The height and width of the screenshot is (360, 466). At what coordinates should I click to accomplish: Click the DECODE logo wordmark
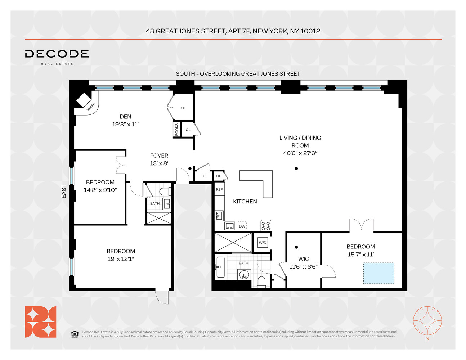click(57, 54)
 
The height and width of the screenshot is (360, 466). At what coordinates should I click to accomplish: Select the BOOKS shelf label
click(176, 130)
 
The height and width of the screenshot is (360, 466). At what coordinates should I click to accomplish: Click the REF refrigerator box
click(219, 189)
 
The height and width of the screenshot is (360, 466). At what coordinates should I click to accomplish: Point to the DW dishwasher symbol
click(242, 226)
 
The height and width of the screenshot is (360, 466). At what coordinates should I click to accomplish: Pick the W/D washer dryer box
click(263, 243)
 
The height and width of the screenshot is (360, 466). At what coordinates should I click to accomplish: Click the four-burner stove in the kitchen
click(266, 226)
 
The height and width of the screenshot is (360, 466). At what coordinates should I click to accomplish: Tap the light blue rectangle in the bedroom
click(378, 273)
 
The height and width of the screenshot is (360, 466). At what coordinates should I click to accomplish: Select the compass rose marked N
click(427, 321)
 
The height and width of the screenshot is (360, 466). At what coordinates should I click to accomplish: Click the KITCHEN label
click(245, 202)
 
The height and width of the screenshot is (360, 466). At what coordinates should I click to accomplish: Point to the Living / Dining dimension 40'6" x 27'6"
click(300, 153)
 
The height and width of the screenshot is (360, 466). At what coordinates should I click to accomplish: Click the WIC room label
click(303, 259)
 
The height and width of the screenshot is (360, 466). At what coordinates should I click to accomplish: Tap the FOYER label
click(159, 156)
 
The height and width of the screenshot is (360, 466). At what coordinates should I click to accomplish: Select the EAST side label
click(64, 191)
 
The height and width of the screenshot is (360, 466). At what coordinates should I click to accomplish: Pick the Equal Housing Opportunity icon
click(75, 334)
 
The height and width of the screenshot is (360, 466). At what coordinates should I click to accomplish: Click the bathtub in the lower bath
click(220, 267)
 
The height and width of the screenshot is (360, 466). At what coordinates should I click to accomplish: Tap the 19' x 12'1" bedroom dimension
click(121, 259)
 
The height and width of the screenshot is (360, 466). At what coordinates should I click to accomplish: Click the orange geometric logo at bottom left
click(40, 322)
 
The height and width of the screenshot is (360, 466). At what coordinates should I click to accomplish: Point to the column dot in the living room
click(296, 168)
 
